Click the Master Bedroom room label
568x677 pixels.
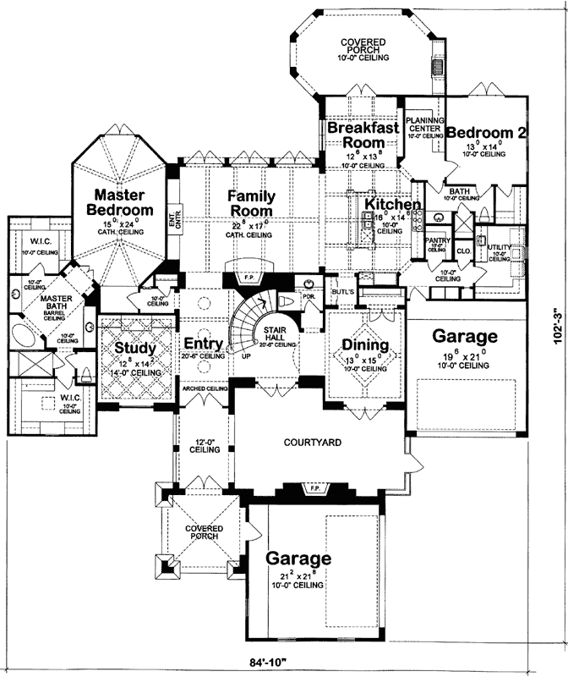point(123,202)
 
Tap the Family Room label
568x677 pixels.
point(251,203)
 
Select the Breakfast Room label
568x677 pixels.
point(363,135)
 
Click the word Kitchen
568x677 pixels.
point(393,206)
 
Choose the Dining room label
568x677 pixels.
point(365,345)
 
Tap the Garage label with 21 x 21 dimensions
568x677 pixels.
point(298,559)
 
